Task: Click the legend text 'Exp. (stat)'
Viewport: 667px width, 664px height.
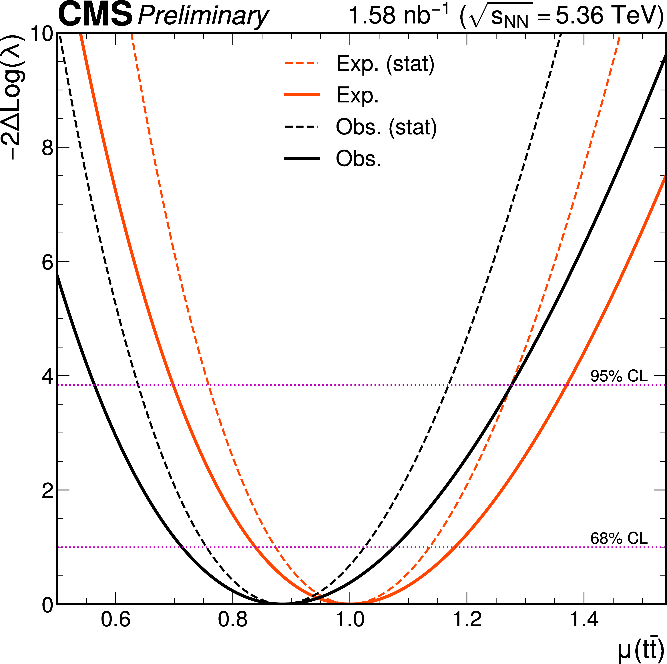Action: click(385, 64)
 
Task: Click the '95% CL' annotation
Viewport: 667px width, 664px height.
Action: click(619, 376)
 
